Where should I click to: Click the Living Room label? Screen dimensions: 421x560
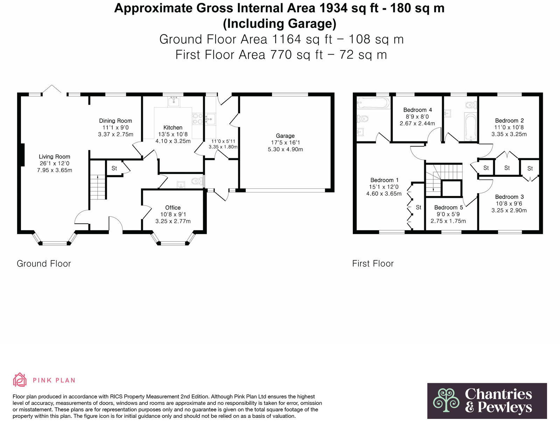(54, 157)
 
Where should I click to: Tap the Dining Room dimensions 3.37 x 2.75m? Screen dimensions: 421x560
(115, 134)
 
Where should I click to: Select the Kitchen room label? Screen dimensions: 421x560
(173, 128)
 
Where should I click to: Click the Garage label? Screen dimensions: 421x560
(285, 136)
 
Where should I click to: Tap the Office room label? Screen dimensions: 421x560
(173, 208)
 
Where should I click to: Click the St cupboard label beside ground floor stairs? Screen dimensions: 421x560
(114, 168)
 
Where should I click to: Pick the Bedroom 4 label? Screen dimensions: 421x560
(417, 110)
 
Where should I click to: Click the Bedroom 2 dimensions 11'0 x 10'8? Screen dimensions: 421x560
(509, 127)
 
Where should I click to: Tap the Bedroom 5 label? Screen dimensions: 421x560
(448, 208)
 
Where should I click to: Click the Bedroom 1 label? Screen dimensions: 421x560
(384, 180)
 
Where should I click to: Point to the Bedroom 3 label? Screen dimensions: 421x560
(509, 197)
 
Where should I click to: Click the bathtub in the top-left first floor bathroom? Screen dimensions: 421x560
(373, 103)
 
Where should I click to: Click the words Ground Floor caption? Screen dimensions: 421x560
(44, 264)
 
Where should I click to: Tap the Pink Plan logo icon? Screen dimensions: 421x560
(20, 380)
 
